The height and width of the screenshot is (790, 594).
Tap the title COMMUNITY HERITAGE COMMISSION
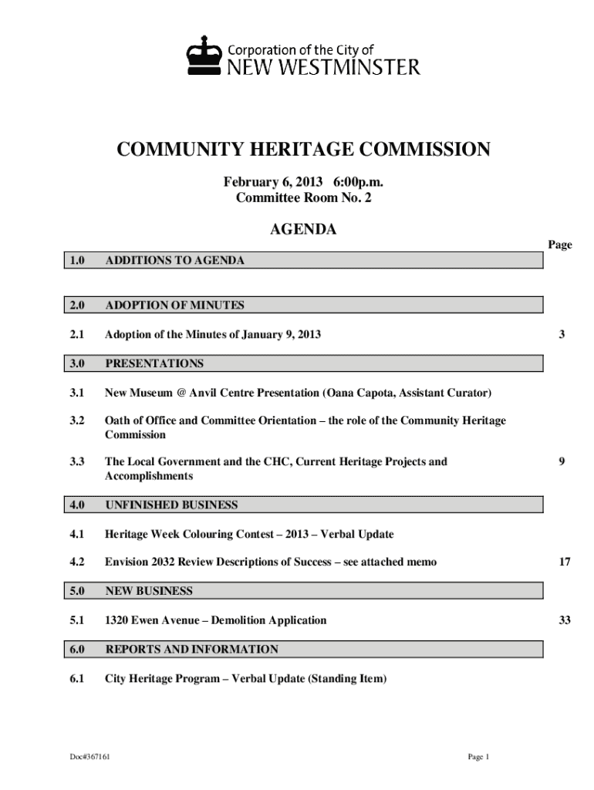[303, 150]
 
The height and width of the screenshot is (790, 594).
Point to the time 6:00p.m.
[358, 183]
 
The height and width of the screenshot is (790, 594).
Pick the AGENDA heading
[302, 229]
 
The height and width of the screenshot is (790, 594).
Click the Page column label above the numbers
[560, 245]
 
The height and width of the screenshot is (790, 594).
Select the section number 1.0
[76, 261]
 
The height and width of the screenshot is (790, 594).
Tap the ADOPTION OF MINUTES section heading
[174, 306]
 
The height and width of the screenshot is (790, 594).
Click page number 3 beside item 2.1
[563, 335]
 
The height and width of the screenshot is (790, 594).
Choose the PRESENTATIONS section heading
[154, 363]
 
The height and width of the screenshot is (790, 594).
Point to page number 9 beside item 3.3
[563, 462]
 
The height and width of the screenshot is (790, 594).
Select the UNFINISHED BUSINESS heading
[171, 505]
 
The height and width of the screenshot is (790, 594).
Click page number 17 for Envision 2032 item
[565, 562]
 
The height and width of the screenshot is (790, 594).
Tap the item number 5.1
[76, 620]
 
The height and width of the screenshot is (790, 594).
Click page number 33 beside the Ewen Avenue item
[565, 620]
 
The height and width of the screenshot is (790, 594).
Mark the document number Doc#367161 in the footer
[89, 757]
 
